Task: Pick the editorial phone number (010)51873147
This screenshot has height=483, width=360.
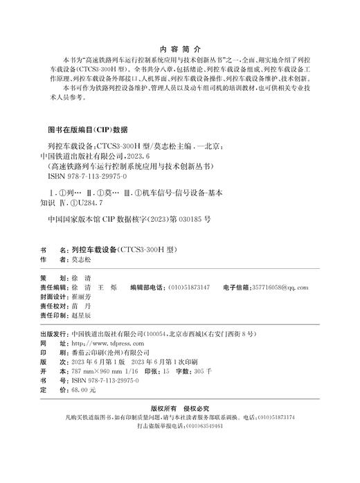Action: (185, 286)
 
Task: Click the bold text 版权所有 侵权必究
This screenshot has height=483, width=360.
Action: (180, 428)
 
